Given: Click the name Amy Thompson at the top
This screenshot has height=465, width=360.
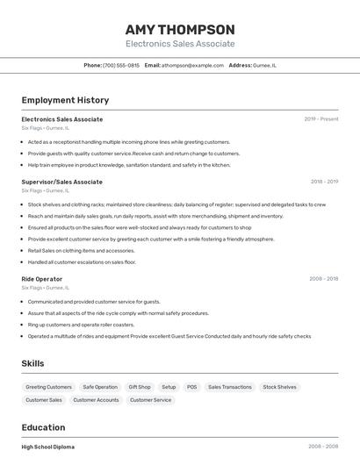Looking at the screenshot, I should (180, 29).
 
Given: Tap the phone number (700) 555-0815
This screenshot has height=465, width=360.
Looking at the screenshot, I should (120, 65).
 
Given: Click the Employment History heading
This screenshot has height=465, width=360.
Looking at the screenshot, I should (65, 101).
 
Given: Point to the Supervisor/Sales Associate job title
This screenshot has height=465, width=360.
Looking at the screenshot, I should (61, 182).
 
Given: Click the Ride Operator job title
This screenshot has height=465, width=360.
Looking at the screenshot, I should (42, 279).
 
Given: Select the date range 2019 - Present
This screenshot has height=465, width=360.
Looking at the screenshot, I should (320, 119).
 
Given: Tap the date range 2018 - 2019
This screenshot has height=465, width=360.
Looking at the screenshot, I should (324, 182).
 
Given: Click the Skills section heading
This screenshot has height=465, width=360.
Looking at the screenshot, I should (32, 363).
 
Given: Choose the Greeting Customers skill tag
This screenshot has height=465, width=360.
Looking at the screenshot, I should (48, 387).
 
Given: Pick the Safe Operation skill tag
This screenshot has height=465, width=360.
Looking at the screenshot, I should (100, 387).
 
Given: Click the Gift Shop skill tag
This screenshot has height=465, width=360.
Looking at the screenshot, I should (140, 387).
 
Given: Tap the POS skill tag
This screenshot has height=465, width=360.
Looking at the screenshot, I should (191, 387).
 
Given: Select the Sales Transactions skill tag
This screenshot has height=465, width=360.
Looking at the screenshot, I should (229, 387).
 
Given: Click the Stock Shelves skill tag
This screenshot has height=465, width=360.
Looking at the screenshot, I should (279, 387).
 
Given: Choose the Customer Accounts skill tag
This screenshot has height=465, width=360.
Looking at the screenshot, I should (96, 400).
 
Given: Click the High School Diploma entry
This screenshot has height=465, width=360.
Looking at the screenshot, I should (48, 447).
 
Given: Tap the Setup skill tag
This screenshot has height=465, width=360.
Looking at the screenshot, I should (169, 387).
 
